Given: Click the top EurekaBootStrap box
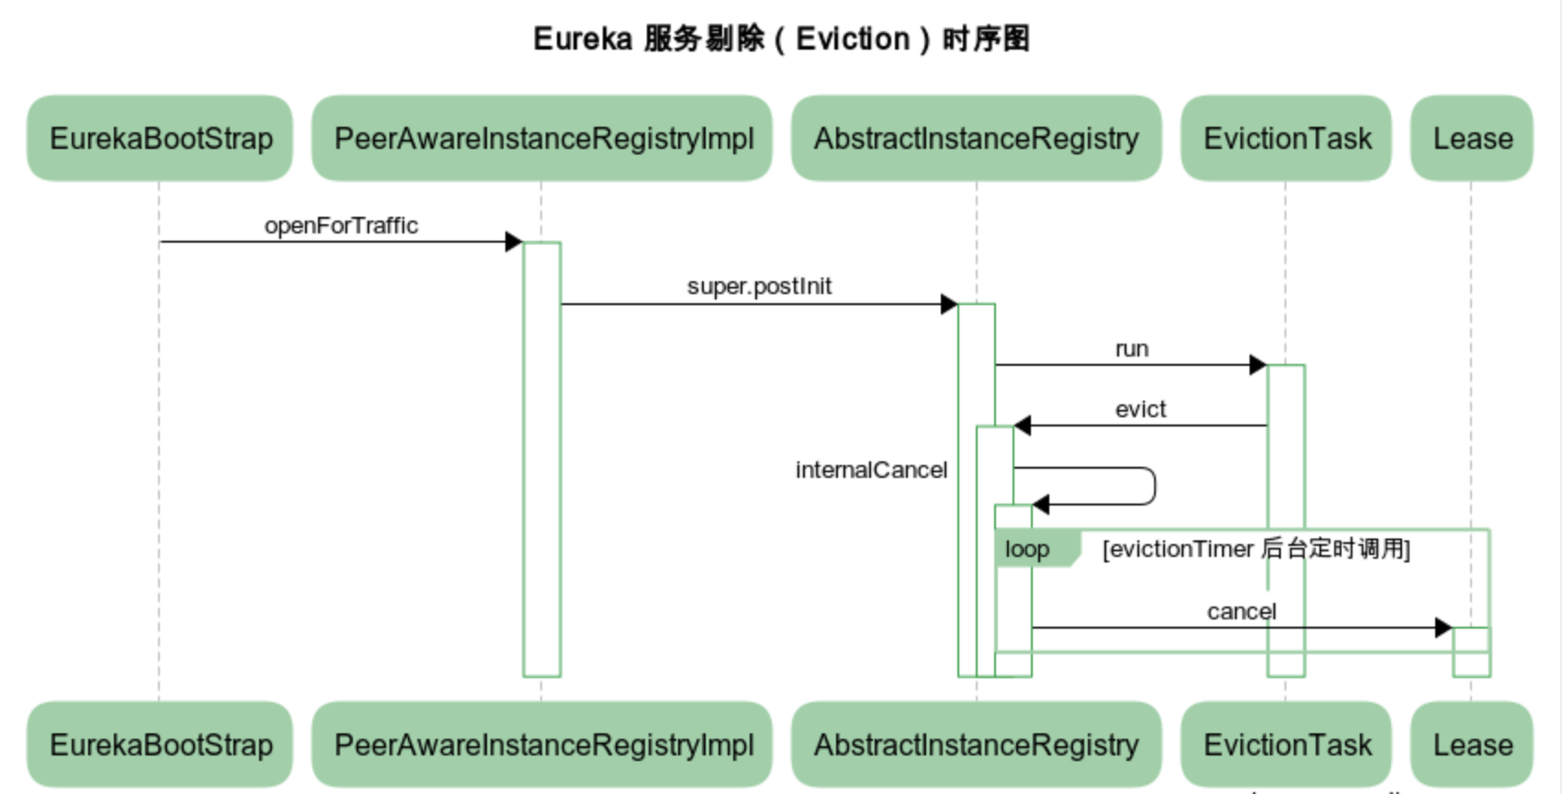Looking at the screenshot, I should coord(160,138).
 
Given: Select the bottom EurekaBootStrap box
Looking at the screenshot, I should coord(160,744).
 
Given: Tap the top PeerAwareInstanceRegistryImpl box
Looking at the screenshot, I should coord(542,138).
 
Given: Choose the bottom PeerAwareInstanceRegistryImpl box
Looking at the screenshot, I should coord(542,744).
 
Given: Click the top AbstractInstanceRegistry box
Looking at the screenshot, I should coord(976,138).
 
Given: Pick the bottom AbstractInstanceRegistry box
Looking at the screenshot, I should coord(976,744).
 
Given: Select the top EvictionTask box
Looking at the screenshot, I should coord(1286,138).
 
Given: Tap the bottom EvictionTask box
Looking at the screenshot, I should coord(1286,744).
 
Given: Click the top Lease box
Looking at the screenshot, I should coord(1472,138).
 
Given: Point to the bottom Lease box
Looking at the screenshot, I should coord(1472,744).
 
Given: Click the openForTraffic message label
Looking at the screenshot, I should coord(341,225).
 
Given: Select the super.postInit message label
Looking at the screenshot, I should coord(759,286).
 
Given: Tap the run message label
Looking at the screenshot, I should coord(1131,348).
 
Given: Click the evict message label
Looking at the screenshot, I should coord(1140,409).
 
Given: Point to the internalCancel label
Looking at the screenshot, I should coord(871,470).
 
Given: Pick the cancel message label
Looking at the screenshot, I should coord(1241,611).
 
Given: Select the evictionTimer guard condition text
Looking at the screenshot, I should coord(1256,549).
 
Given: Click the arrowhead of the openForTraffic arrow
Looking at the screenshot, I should coord(514,242).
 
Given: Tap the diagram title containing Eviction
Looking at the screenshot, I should coord(781,39).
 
